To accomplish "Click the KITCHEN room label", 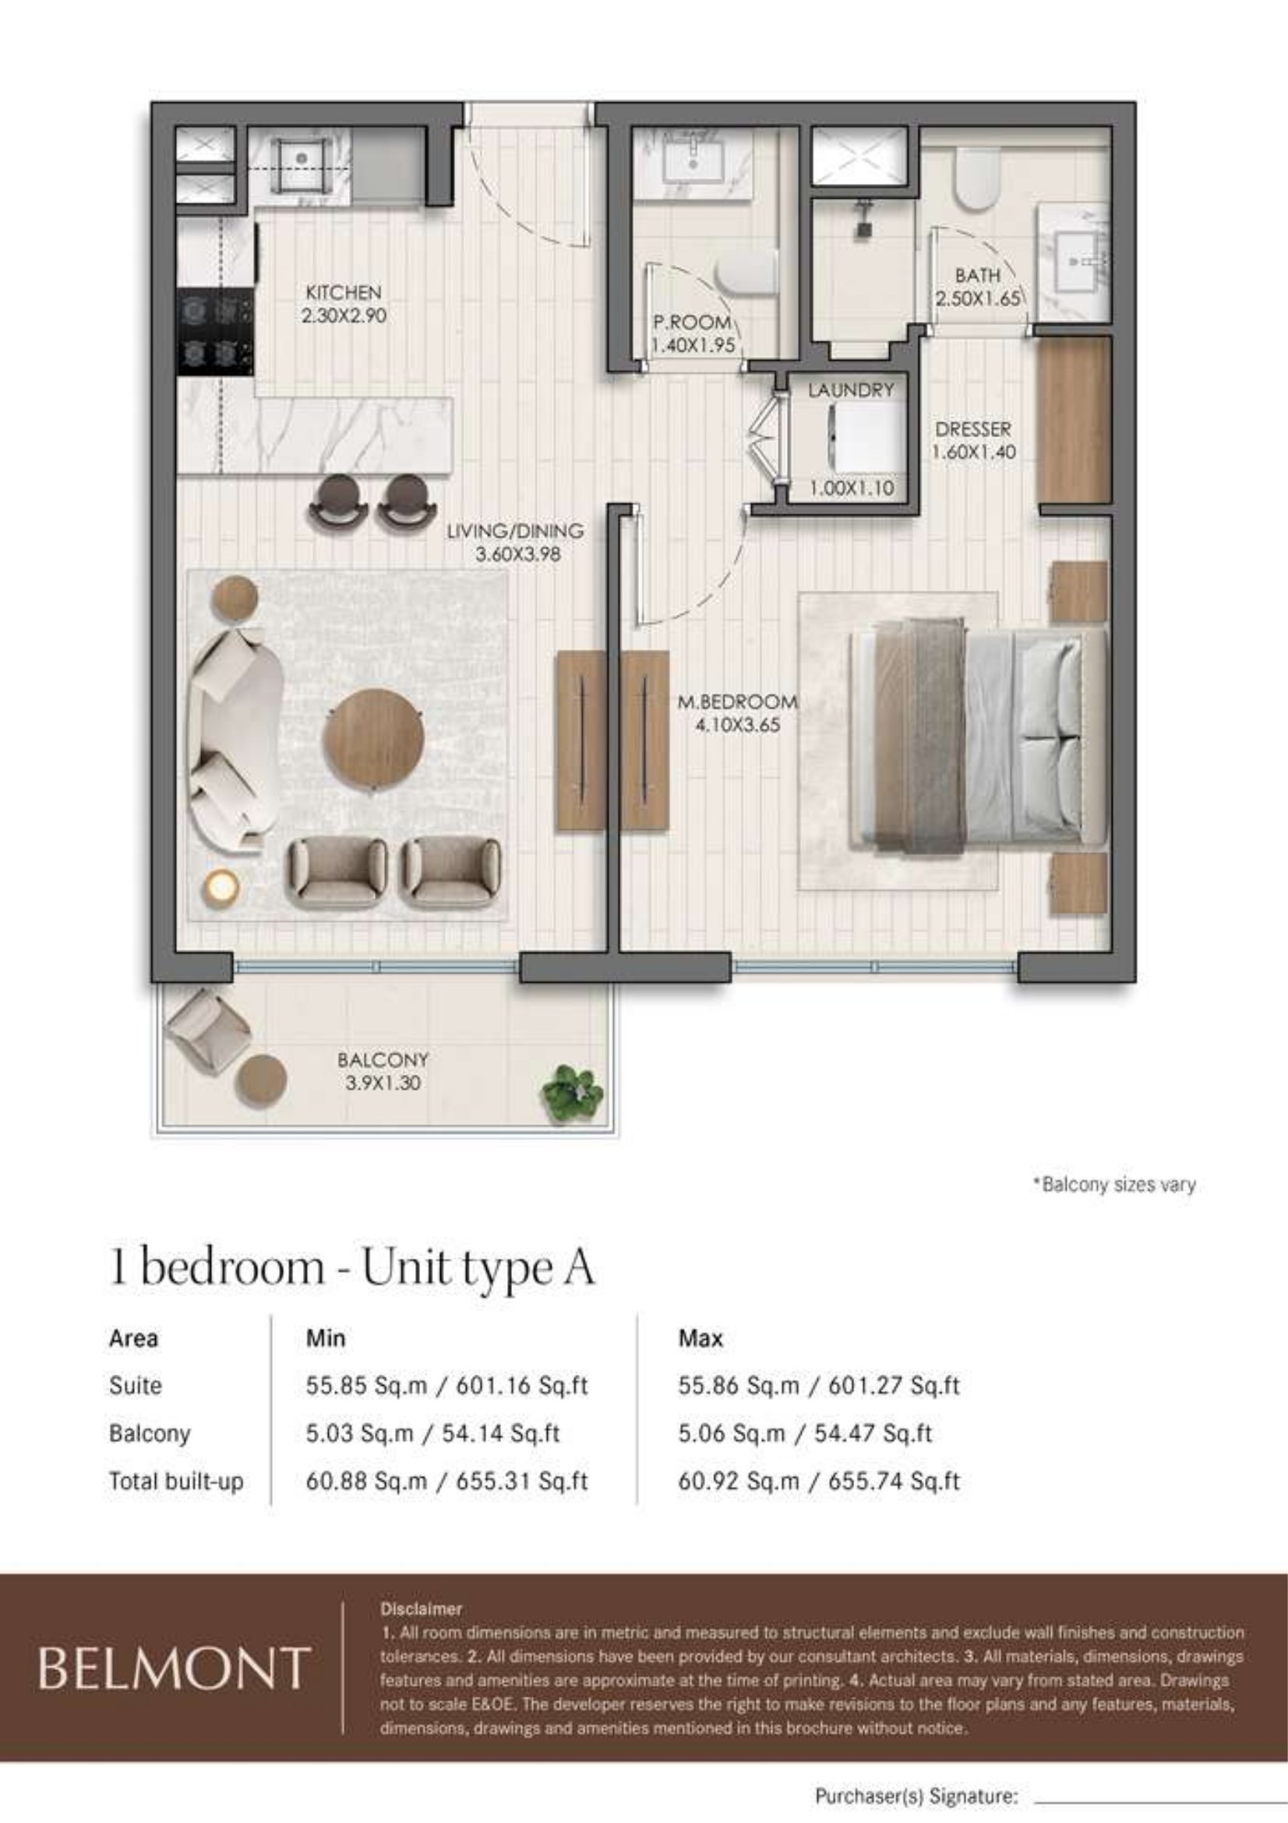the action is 344,292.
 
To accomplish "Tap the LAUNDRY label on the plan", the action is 851,390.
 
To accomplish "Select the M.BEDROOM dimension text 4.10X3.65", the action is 738,725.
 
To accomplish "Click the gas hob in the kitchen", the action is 216,331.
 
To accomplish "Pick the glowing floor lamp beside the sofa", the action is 221,888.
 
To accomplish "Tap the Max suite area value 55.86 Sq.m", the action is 739,1386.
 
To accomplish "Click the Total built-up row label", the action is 176,1482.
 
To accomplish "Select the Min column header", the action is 326,1339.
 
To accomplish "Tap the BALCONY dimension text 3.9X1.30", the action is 383,1083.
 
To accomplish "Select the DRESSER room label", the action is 973,429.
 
